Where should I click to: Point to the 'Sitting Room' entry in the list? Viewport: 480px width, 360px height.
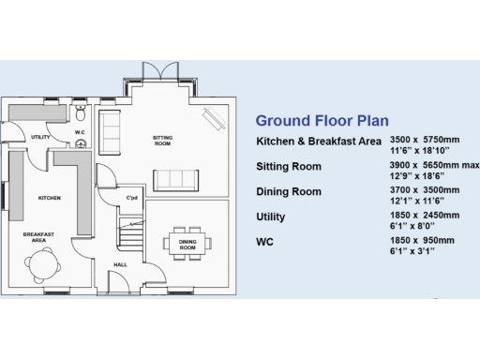coord(289,167)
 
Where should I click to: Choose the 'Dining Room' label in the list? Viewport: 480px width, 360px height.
coord(289,192)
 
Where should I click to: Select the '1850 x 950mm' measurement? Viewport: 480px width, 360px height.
coord(423,240)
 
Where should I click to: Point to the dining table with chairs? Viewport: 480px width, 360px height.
coord(187,242)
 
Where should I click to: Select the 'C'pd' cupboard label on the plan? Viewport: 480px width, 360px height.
coord(132,198)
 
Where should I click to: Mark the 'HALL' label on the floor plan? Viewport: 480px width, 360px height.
coord(120,265)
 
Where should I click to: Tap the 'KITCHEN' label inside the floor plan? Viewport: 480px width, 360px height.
coord(49,198)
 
